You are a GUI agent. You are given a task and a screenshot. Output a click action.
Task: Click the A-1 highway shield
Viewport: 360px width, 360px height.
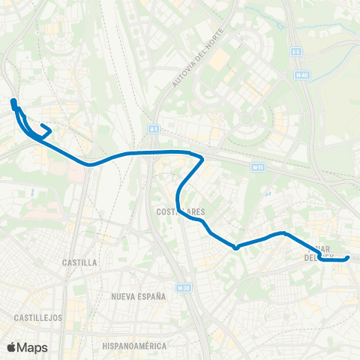coord(154,129)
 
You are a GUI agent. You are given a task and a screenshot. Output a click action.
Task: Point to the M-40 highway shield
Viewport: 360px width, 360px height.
coord(302,75)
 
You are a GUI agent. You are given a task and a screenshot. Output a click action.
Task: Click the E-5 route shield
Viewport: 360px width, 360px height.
coord(297,51)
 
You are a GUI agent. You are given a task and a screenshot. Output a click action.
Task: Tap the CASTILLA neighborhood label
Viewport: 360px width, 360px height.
coord(80,263)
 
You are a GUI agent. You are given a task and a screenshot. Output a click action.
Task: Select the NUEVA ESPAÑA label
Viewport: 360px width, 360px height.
coord(138,297)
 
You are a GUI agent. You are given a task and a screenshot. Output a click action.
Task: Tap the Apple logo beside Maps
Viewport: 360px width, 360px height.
coord(11,347)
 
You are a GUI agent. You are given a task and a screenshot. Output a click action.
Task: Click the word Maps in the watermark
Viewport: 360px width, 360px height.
coord(32,347)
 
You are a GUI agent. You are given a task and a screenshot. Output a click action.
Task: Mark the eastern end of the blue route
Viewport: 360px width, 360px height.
coord(347,259)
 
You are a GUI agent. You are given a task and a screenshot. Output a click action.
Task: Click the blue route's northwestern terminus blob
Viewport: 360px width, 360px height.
coord(13,102)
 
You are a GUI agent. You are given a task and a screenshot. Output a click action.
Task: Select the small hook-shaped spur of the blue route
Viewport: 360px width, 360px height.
coord(45,129)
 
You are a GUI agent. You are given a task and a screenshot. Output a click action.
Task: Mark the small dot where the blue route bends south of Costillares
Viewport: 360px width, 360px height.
coord(235,247)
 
